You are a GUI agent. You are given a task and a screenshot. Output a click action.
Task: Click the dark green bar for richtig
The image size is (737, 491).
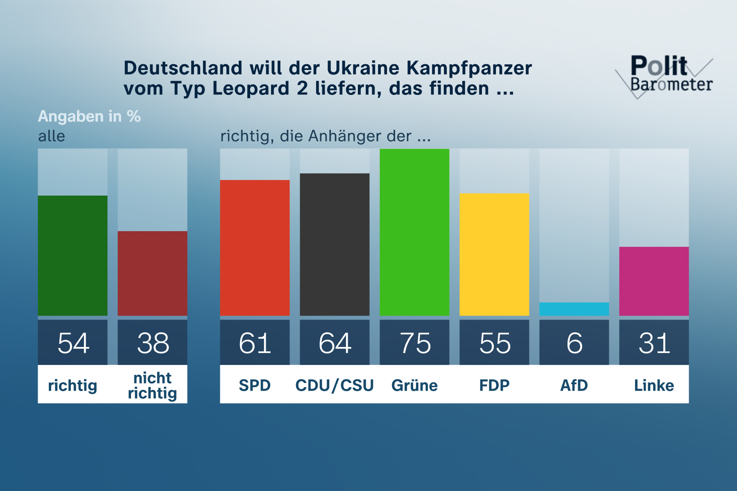[x=72, y=256]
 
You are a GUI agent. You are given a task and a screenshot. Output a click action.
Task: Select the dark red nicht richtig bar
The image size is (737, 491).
[x=152, y=273]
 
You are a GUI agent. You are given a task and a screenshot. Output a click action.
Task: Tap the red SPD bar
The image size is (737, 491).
[x=255, y=248]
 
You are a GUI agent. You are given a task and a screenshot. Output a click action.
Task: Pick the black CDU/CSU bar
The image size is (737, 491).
[x=335, y=245]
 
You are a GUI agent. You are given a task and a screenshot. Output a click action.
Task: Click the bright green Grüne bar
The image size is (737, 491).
[x=414, y=232]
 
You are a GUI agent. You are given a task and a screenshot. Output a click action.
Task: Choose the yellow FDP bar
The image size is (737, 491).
[x=494, y=255]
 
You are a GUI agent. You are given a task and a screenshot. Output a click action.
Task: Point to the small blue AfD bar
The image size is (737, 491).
[x=574, y=309]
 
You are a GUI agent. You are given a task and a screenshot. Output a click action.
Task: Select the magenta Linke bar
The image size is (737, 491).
[x=654, y=281]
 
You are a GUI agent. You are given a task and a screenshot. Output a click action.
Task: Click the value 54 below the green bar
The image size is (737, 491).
[x=73, y=343]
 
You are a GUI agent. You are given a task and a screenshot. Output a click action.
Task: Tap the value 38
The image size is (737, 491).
[x=153, y=343]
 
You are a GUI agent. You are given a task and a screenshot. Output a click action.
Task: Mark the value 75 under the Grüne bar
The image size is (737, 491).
[x=415, y=343]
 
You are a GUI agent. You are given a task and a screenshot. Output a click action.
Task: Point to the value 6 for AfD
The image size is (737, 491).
[x=574, y=343]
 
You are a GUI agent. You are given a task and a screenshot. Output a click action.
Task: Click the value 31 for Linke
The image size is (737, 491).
[x=654, y=343]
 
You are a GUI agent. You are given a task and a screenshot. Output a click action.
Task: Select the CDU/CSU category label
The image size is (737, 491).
[x=335, y=385]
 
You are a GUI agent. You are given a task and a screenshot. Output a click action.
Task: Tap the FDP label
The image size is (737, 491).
[x=494, y=385]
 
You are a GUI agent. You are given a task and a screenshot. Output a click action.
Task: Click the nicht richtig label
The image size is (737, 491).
[x=152, y=385]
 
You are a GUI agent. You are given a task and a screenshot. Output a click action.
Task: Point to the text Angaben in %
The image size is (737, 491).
[x=89, y=117]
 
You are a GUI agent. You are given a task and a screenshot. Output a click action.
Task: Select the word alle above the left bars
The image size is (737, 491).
[x=52, y=136]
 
